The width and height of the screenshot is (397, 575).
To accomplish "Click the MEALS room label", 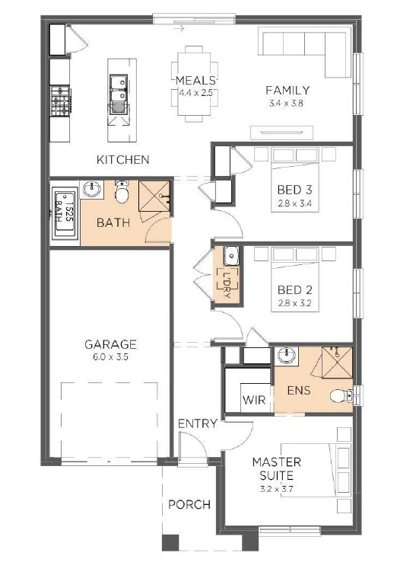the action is [195, 80].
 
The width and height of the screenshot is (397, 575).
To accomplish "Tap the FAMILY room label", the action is [287, 90].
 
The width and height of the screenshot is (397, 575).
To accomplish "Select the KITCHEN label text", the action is [123, 159].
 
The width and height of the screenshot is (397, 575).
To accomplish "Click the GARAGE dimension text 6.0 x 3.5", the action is [110, 357].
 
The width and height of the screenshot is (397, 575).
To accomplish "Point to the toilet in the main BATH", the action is [122, 192].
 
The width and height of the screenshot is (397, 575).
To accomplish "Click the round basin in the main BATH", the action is [91, 189].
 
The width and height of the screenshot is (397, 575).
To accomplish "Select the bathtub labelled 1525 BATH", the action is [65, 213].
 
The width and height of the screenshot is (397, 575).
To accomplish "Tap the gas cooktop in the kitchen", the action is [61, 101].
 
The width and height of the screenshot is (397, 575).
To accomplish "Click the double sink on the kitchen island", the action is [119, 94].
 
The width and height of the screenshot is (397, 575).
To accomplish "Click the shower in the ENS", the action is [337, 362].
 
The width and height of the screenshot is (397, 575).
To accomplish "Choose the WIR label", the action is [254, 399].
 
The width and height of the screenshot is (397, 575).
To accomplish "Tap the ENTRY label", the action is [198, 423].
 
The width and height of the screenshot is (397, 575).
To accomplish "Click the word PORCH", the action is [189, 505].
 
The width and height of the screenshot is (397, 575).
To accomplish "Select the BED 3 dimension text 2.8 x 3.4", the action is [295, 203].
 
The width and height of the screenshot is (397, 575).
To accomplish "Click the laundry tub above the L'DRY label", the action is [231, 256].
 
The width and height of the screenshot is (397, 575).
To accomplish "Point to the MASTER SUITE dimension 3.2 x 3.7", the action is [277, 489].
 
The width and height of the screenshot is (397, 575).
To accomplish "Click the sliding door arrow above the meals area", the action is [179, 29].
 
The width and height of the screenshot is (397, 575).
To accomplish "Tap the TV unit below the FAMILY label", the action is [281, 133].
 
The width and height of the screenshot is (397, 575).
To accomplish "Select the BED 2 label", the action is [295, 289].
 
